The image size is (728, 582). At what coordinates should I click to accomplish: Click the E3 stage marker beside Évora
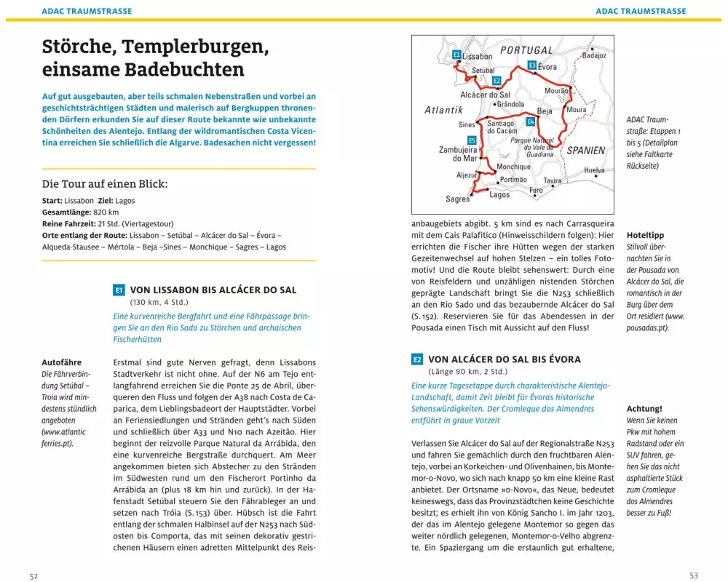tap(532, 65)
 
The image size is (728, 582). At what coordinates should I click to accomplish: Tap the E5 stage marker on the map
tap(472, 140)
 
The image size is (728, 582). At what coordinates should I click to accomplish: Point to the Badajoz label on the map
tap(594, 55)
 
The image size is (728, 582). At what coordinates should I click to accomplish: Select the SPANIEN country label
tap(586, 151)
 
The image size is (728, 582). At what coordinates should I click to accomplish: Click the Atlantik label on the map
tap(444, 111)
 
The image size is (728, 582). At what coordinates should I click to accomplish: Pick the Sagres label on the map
tap(458, 199)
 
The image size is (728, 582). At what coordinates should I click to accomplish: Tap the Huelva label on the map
tap(594, 170)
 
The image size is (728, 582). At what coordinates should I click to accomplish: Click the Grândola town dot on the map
tap(494, 105)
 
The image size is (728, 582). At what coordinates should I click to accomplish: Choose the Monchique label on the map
tap(514, 167)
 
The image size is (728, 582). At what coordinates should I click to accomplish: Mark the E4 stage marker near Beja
tap(530, 121)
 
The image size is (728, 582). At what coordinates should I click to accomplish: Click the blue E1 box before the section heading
tap(119, 290)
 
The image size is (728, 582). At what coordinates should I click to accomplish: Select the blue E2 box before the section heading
tap(417, 359)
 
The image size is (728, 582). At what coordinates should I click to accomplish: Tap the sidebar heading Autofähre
tap(61, 362)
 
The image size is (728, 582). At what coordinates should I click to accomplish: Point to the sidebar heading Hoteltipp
tap(645, 235)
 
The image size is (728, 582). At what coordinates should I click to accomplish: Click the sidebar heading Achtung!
tap(644, 409)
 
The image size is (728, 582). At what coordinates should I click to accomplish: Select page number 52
tap(33, 575)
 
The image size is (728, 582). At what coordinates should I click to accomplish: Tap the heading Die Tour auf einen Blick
tap(105, 184)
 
